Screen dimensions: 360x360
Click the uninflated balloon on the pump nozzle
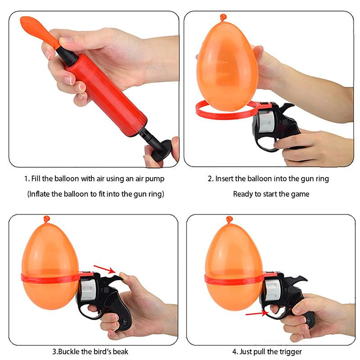(x=38, y=29)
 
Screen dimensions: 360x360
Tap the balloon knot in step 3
(x=47, y=220)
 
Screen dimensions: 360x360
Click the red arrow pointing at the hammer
(x=103, y=269)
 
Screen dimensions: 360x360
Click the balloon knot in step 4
(x=229, y=220)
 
